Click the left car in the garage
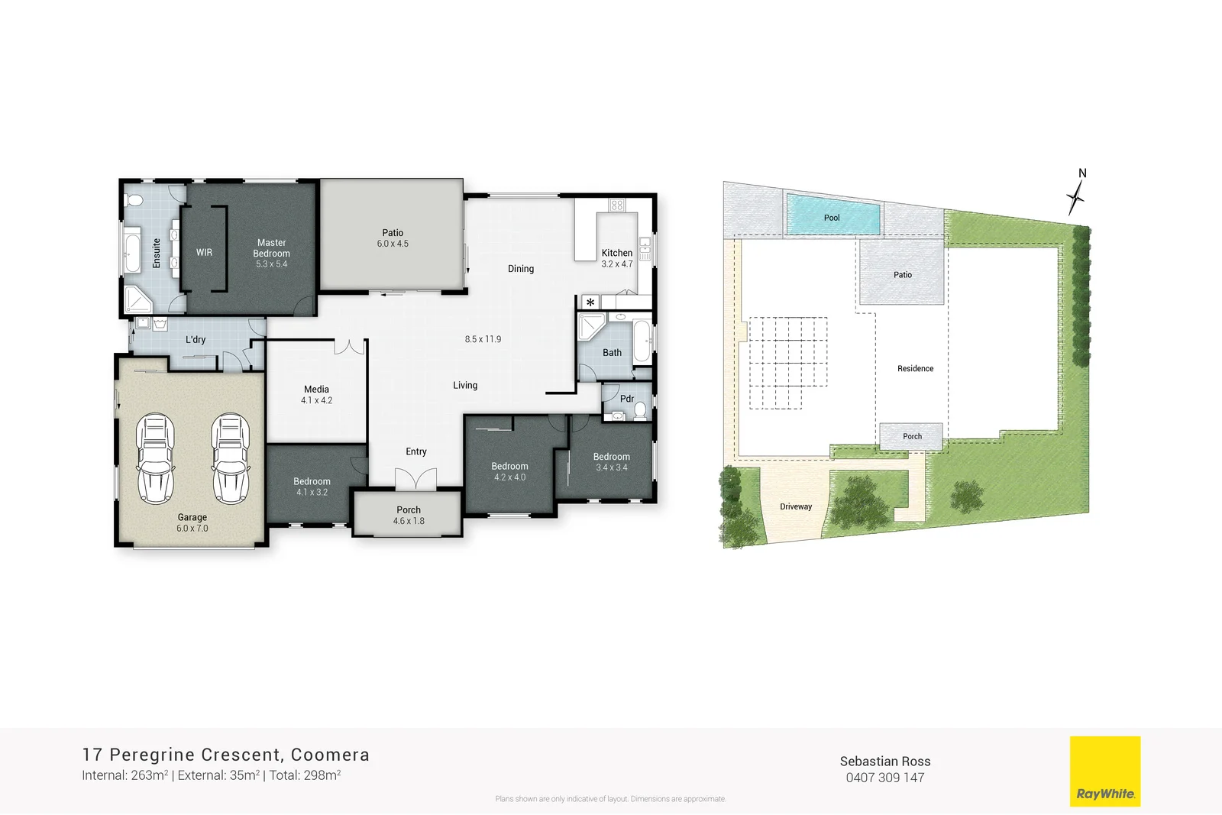pyautogui.click(x=155, y=458)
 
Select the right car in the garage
pyautogui.click(x=231, y=458)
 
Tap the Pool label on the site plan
pyautogui.click(x=832, y=218)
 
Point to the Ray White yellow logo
pyautogui.click(x=1104, y=771)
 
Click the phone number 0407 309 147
pyautogui.click(x=884, y=778)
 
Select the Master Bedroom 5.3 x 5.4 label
pyautogui.click(x=271, y=253)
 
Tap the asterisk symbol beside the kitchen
pyautogui.click(x=590, y=302)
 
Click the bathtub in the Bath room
pyautogui.click(x=642, y=341)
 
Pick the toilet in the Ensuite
pyautogui.click(x=134, y=201)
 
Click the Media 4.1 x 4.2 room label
pyautogui.click(x=316, y=394)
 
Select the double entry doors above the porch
pyautogui.click(x=416, y=479)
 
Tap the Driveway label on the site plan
pyautogui.click(x=796, y=506)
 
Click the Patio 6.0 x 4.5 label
pyautogui.click(x=393, y=238)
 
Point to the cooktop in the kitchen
pyautogui.click(x=617, y=205)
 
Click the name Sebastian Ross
pyautogui.click(x=884, y=761)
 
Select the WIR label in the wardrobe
pyautogui.click(x=204, y=252)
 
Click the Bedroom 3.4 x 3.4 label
pyautogui.click(x=611, y=461)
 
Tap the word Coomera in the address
pyautogui.click(x=330, y=755)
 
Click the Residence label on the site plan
pyautogui.click(x=915, y=368)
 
